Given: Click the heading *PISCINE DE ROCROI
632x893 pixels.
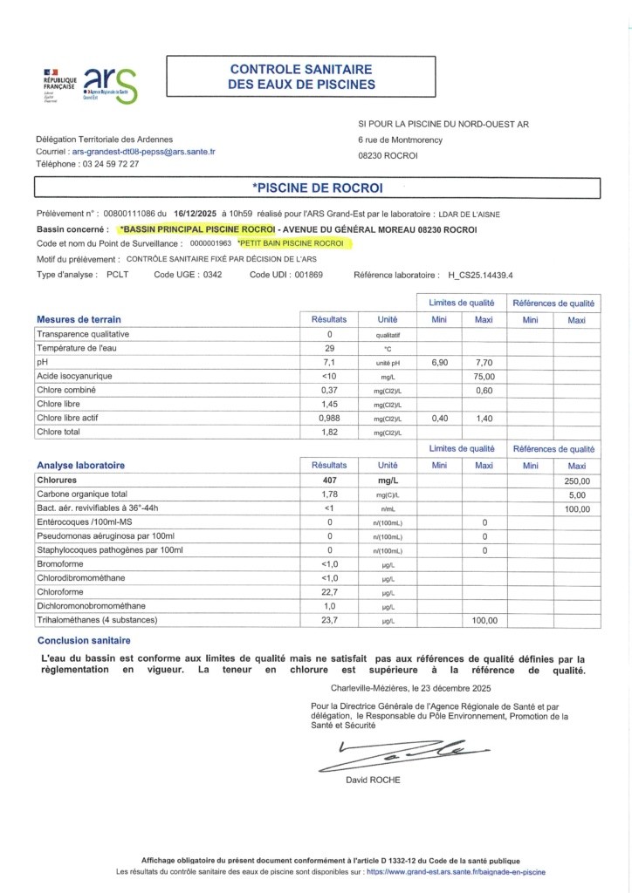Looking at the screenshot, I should tap(316, 187).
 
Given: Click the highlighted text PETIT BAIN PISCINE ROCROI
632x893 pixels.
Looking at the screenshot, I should tap(292, 243).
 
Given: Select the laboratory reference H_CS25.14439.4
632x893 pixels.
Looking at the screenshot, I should tap(481, 275).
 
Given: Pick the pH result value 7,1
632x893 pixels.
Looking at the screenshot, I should tap(330, 361).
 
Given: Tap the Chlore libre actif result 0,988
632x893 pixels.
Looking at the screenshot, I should tap(330, 419).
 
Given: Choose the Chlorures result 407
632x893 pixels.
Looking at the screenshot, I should tap(330, 480).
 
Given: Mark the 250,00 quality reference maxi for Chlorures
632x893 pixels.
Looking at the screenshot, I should tap(577, 480).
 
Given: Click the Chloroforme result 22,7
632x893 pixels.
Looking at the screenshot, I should tap(330, 591).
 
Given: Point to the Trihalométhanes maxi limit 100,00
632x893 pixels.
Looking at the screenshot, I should tap(484, 620).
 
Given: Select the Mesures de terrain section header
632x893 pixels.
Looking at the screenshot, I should tap(79, 319).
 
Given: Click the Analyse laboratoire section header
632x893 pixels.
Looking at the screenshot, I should tap(80, 466).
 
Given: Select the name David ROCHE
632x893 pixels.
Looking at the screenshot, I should tap(374, 780).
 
